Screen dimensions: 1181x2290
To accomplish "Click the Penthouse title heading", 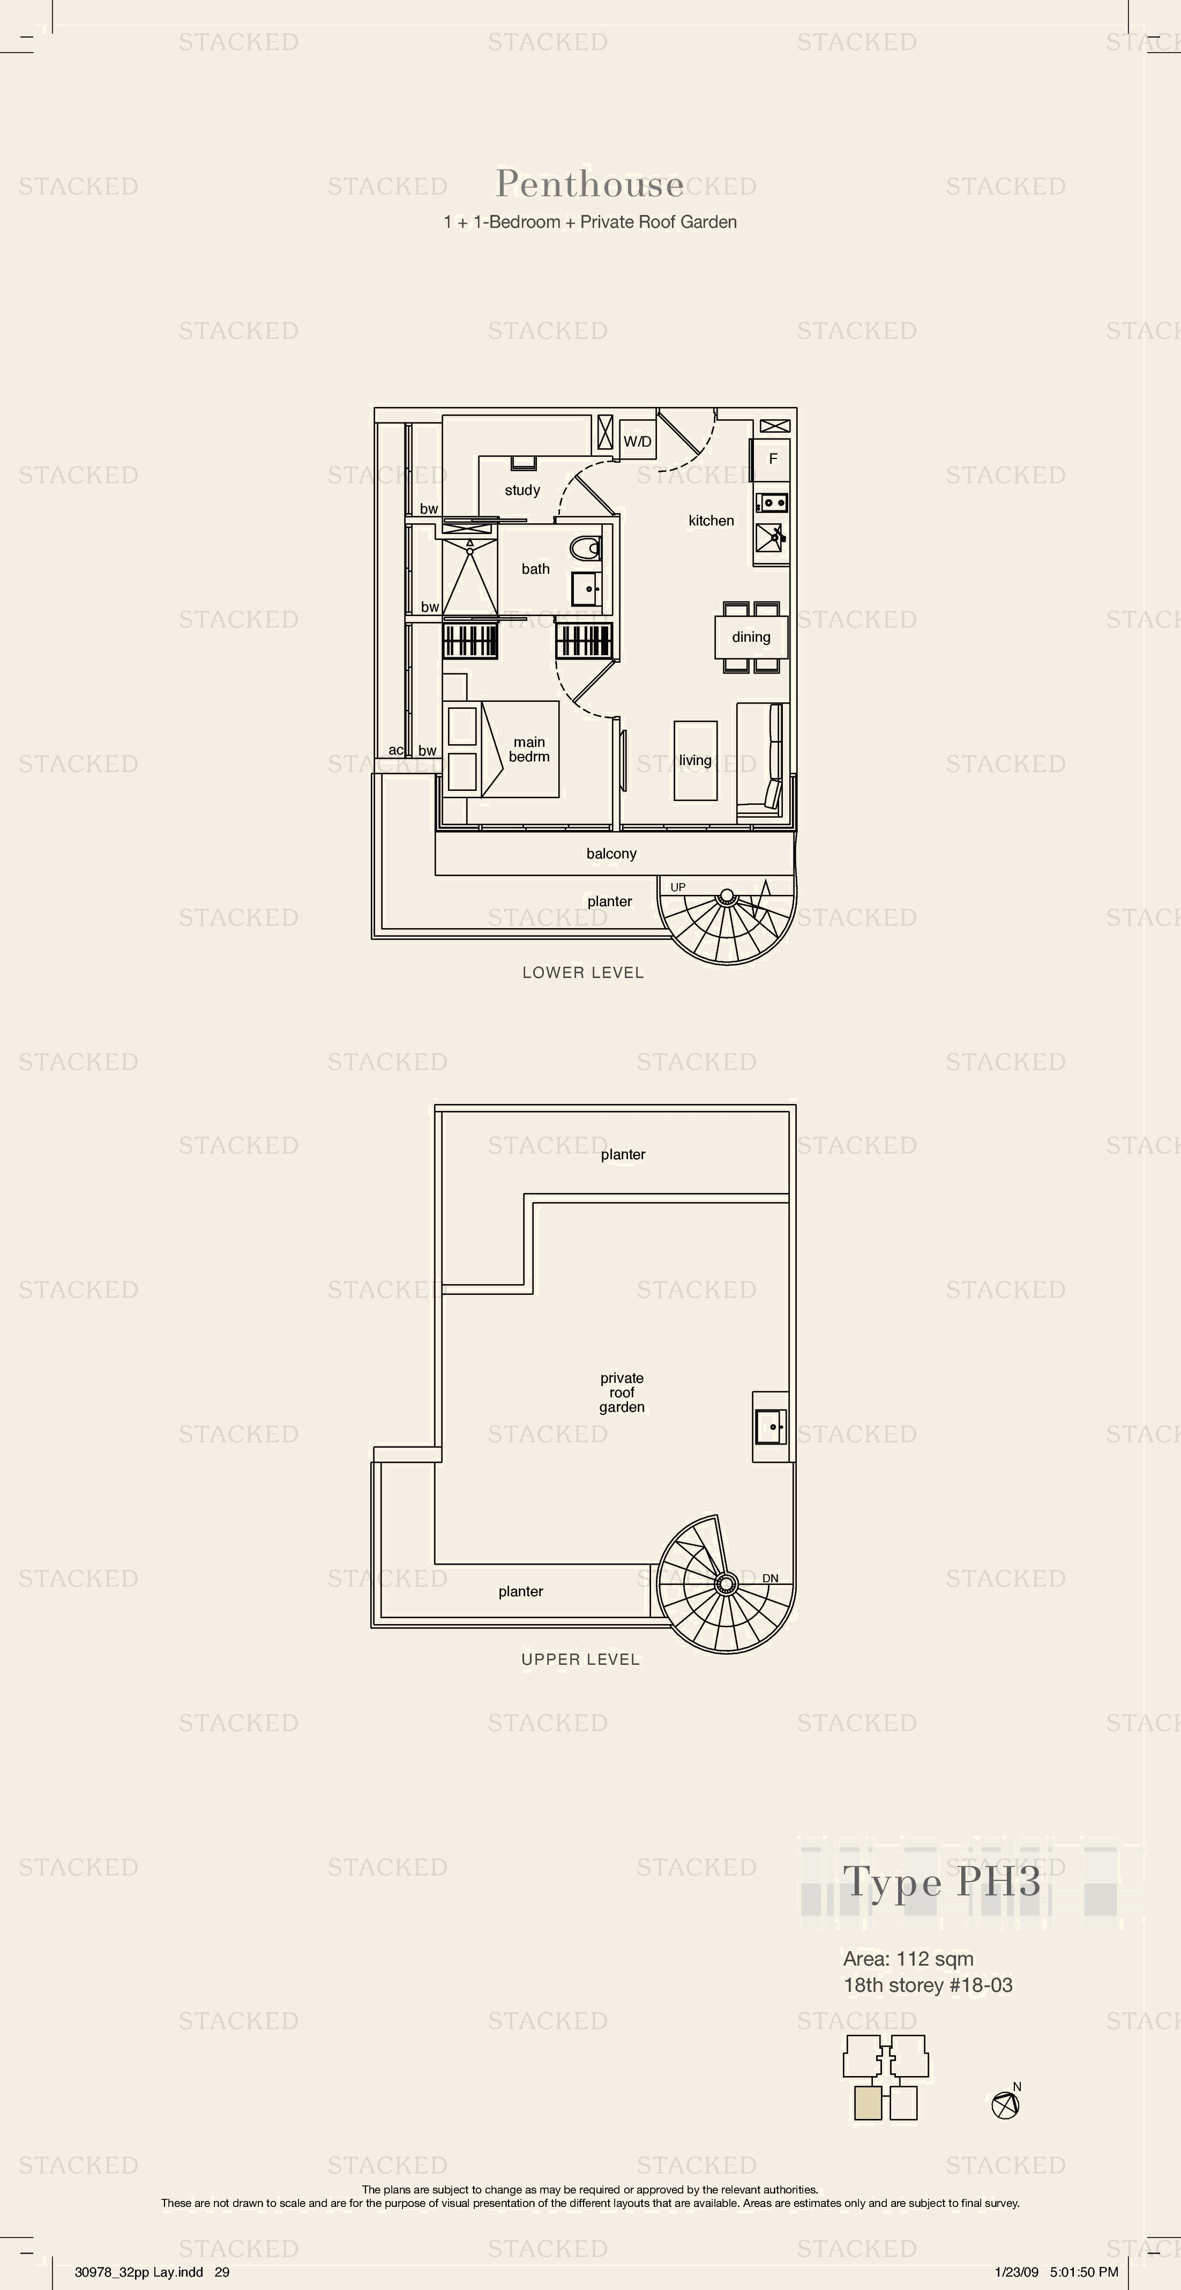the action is click(x=590, y=184).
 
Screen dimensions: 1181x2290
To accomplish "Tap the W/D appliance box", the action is click(x=637, y=440).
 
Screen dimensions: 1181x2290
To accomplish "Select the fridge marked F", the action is click(x=772, y=459).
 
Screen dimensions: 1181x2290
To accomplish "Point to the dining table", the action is click(x=751, y=636).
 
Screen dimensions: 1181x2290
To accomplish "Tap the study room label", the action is click(x=522, y=490).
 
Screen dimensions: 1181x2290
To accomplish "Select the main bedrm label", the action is click(x=529, y=750).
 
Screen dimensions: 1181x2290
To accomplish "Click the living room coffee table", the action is click(x=695, y=760).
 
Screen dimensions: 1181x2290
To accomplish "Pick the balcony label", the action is click(x=611, y=854).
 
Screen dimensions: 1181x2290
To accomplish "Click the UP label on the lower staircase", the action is click(x=678, y=887).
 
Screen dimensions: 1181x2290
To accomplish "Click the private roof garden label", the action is click(x=622, y=1392).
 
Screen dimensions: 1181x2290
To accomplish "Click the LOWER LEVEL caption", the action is click(x=583, y=973).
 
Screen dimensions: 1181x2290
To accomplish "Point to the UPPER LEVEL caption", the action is click(x=580, y=1659).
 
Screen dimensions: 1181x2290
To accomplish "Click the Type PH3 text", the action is click(x=942, y=1882).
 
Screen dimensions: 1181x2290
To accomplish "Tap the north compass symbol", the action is click(x=1005, y=2104).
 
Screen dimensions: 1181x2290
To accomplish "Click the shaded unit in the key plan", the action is click(x=868, y=2103).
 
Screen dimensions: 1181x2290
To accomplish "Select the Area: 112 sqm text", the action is click(x=908, y=1959).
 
